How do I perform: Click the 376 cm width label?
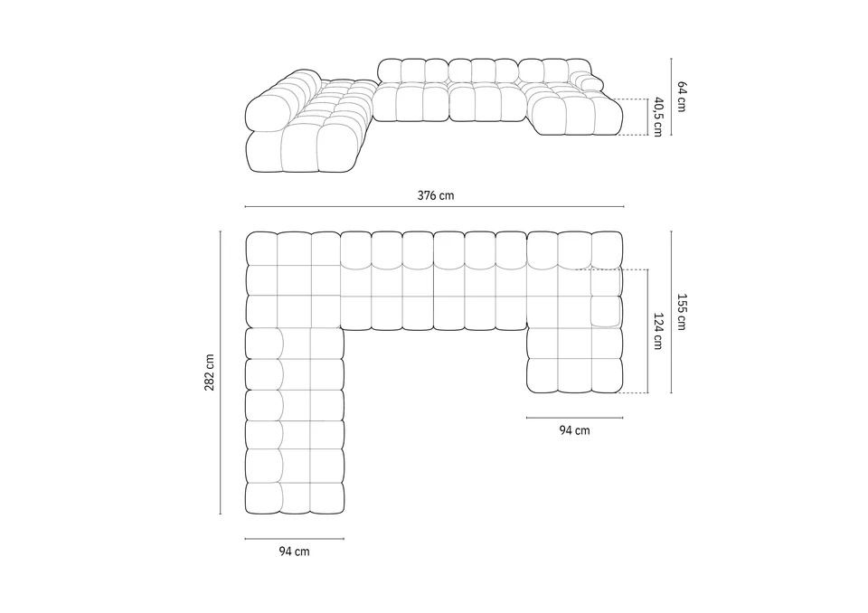click(435, 195)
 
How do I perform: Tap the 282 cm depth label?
click(210, 373)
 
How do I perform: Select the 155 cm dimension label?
click(682, 312)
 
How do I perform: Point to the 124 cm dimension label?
click(657, 331)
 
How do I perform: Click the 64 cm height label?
click(682, 97)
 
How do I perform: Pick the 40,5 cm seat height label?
click(657, 117)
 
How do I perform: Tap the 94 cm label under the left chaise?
click(294, 552)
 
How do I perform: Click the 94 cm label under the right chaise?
click(575, 430)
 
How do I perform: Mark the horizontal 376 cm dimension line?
click(435, 206)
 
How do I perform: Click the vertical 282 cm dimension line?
click(221, 373)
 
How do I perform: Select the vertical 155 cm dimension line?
click(672, 312)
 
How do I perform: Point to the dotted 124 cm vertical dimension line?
click(647, 331)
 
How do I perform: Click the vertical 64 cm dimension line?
click(672, 97)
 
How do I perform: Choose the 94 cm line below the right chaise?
click(575, 418)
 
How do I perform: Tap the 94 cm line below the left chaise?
click(295, 538)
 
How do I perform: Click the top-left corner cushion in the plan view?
click(261, 249)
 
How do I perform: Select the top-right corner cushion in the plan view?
click(608, 249)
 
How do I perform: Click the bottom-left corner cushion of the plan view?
click(263, 498)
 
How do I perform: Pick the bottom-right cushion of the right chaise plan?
click(608, 375)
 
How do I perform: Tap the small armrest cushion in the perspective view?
click(590, 80)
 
